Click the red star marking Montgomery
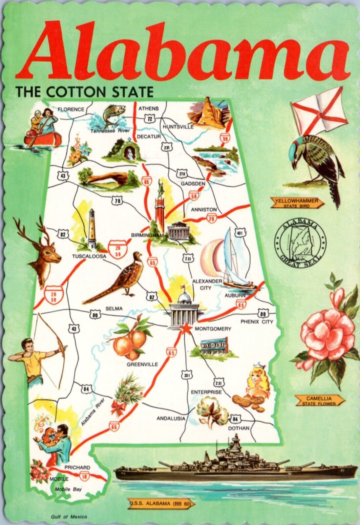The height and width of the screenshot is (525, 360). (185, 327)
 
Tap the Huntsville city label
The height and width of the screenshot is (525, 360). (178, 127)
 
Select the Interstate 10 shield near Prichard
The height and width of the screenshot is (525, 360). (85, 475)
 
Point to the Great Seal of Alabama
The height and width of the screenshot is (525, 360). (301, 242)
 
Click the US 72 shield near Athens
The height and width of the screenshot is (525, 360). (150, 119)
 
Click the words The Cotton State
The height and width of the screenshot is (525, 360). (85, 92)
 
